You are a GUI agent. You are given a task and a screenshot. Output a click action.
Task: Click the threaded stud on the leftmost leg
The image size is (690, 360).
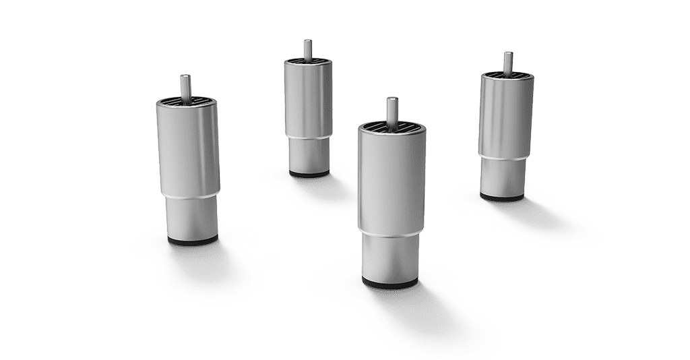(x=186, y=86)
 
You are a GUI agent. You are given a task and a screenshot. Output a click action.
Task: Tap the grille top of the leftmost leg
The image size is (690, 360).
(x=186, y=102)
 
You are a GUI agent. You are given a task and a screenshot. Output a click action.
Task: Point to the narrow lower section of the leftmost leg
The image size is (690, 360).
(x=191, y=214)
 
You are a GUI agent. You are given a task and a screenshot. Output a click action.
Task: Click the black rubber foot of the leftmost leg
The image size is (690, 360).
(x=192, y=239)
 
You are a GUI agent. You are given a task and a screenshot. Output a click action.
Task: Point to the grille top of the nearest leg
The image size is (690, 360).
(x=391, y=127)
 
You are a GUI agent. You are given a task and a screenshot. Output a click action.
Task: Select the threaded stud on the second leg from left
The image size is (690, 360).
(x=307, y=49)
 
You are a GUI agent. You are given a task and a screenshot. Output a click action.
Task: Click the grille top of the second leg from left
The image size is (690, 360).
(x=307, y=63)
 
